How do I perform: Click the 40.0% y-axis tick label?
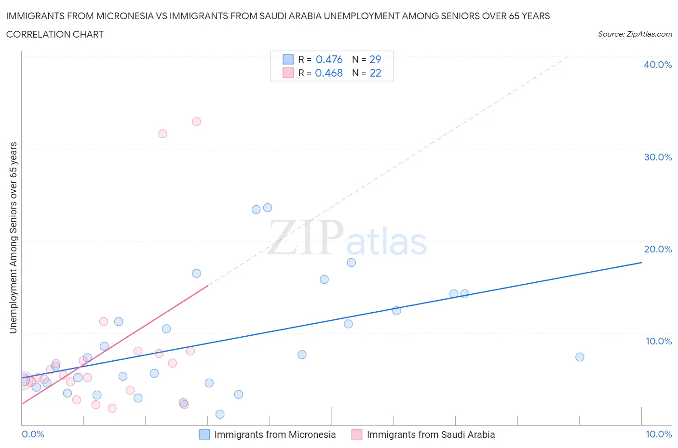[x=657, y=65]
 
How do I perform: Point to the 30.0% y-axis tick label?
[x=657, y=157]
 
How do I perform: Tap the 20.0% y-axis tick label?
[x=657, y=249]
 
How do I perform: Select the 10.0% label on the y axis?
[x=658, y=341]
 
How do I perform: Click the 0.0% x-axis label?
[x=33, y=434]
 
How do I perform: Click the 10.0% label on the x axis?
[x=658, y=434]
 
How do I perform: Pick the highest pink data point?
[x=196, y=121]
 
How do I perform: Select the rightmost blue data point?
[x=580, y=357]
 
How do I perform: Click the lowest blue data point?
[x=220, y=414]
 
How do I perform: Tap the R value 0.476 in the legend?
[x=329, y=59]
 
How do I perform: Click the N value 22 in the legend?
[x=375, y=73]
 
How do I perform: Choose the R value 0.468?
[x=329, y=73]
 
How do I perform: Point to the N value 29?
[x=375, y=59]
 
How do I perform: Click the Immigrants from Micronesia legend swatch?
[x=204, y=435]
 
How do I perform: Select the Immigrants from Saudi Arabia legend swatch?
[x=357, y=435]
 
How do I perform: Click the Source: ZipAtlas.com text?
[x=635, y=34]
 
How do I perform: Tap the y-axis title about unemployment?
[x=14, y=237]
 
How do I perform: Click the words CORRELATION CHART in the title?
[x=55, y=34]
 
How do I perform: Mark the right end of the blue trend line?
[x=641, y=263]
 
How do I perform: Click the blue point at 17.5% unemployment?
[x=351, y=263]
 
